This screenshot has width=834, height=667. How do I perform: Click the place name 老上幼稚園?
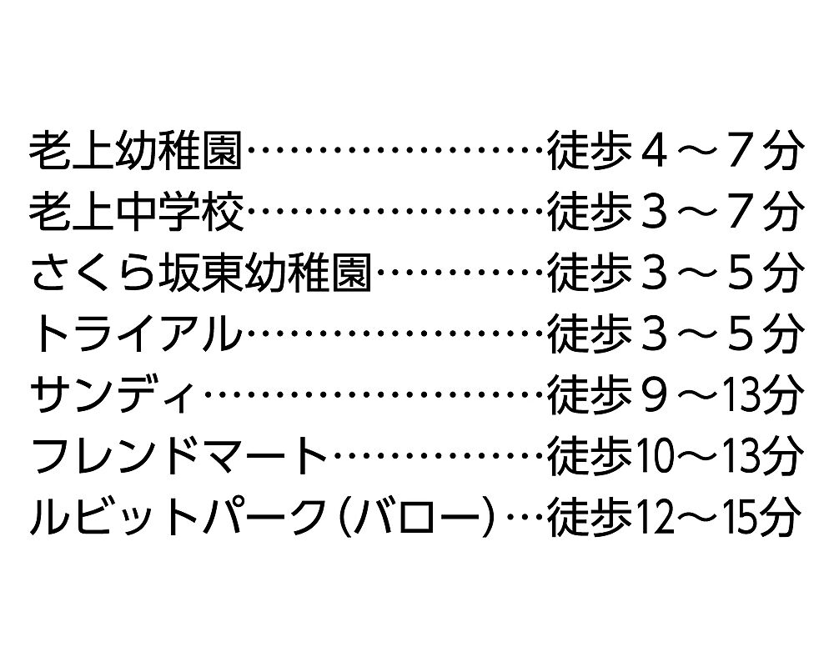click(136, 151)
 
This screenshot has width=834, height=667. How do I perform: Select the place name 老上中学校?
click(136, 212)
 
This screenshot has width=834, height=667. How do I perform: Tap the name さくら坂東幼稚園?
click(200, 273)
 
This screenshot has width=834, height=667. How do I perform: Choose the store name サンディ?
click(113, 395)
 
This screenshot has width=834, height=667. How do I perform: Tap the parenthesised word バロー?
click(413, 517)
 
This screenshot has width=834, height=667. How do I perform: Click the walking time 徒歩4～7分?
click(675, 151)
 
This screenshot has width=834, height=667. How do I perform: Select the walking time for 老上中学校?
click(675, 212)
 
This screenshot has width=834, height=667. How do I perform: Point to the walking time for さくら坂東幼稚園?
click(675, 273)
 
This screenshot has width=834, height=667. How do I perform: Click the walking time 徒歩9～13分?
click(675, 395)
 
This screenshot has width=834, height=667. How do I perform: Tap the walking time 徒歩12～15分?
click(675, 517)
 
